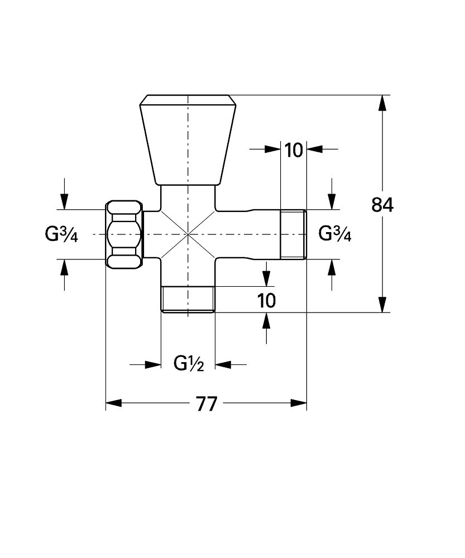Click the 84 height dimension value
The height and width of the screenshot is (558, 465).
tap(382, 205)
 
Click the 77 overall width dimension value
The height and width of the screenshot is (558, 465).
tap(206, 403)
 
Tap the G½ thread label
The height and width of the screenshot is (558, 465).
tap(188, 364)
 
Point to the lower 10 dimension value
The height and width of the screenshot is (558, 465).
tap(267, 301)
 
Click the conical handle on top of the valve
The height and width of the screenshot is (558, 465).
tap(188, 139)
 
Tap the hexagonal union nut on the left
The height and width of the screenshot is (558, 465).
tap(125, 234)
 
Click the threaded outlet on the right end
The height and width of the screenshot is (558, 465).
tap(293, 234)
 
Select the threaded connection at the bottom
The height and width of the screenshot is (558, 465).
tap(188, 299)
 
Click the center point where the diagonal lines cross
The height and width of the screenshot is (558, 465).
tap(188, 234)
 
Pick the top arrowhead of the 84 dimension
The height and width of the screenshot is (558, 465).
tap(382, 103)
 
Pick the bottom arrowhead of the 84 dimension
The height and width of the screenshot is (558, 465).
tap(382, 305)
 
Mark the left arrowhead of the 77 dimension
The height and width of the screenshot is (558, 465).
tap(114, 403)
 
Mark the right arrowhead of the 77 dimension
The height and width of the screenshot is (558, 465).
tap(299, 403)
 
